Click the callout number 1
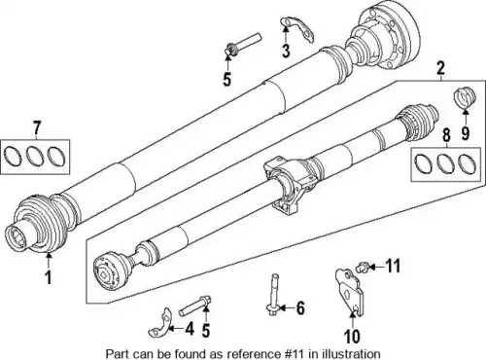(x=49, y=277)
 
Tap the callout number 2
(x=440, y=68)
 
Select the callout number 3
(x=286, y=51)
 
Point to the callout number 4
(x=189, y=329)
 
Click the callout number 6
(x=300, y=308)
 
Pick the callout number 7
(x=37, y=127)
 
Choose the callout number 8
(x=446, y=135)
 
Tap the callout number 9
(x=466, y=133)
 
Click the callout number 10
(x=352, y=337)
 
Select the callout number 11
(x=393, y=267)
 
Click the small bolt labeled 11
(x=362, y=268)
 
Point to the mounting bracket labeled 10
(x=349, y=291)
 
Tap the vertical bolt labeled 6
(x=274, y=294)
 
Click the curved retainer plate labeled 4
(x=160, y=323)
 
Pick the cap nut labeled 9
(x=465, y=97)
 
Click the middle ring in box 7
(x=35, y=156)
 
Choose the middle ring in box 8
(x=446, y=163)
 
